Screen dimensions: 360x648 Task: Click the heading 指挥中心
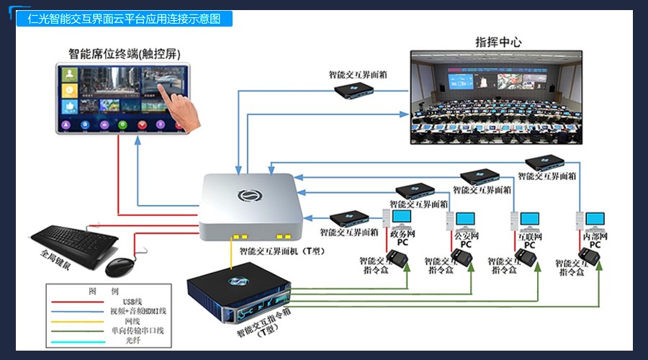tap(498, 42)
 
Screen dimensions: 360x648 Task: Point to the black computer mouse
tap(120, 266)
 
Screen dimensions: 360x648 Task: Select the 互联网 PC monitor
tap(529, 220)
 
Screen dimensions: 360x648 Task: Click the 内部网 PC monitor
tap(595, 220)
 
